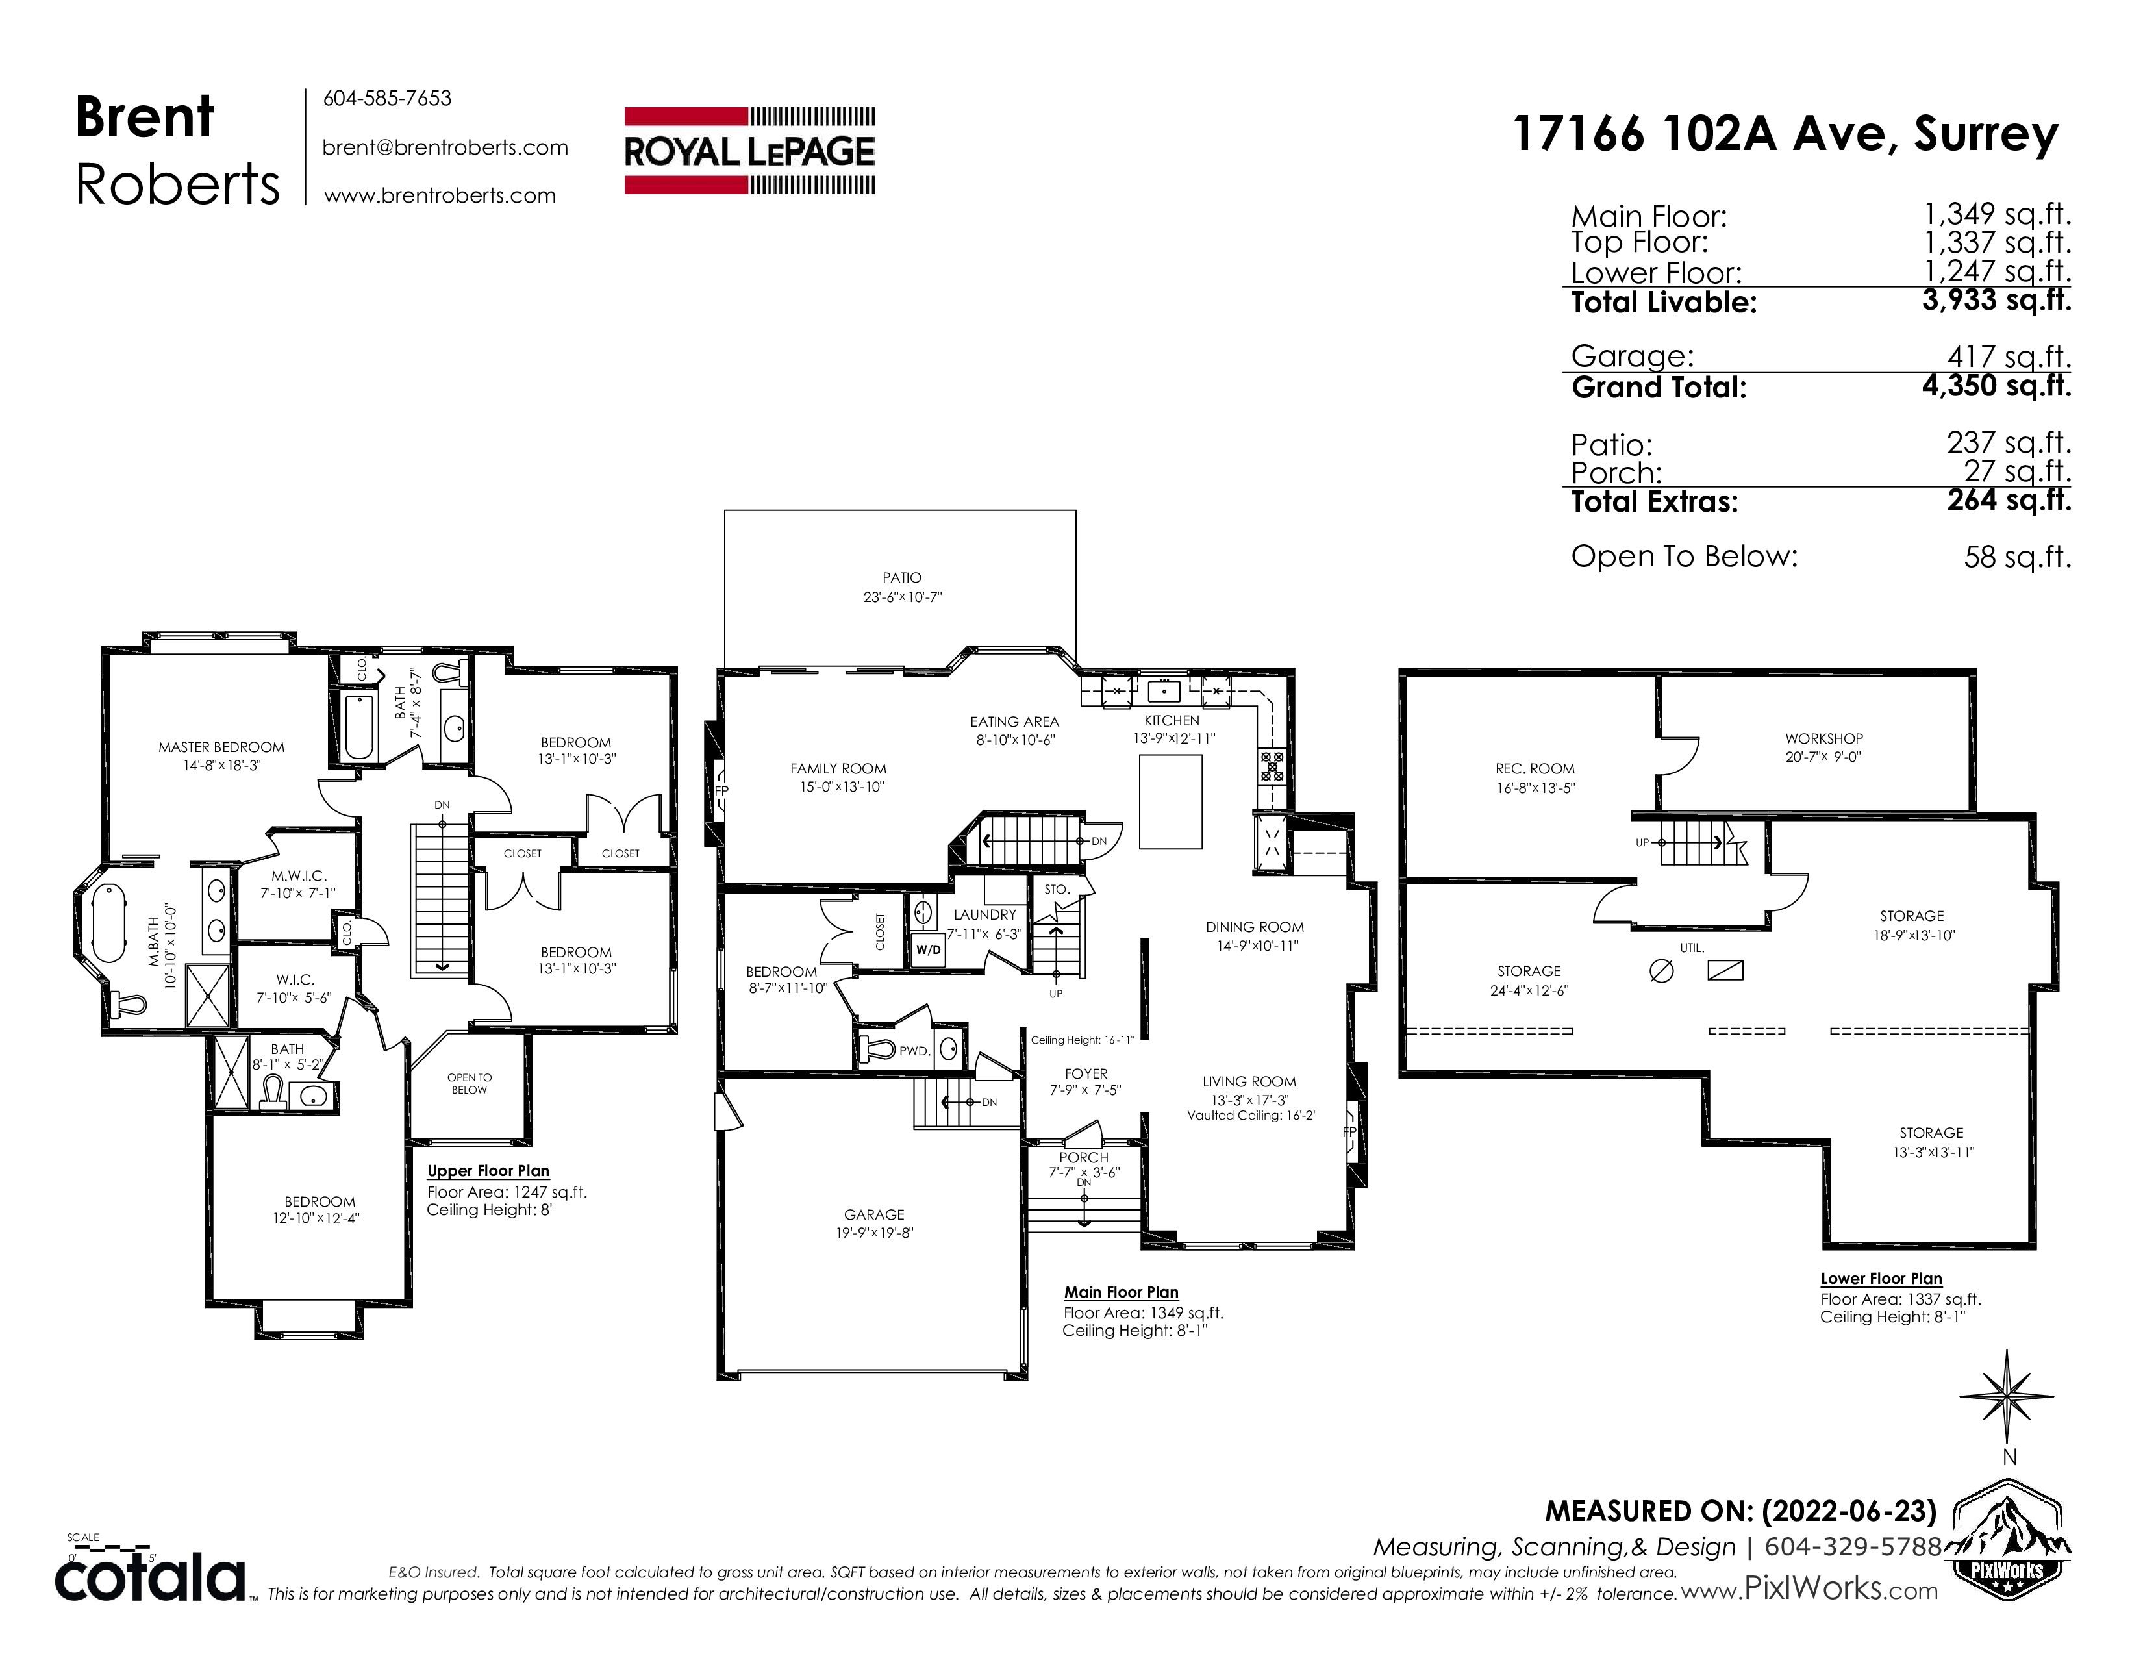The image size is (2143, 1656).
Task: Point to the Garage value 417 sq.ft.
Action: [2010, 357]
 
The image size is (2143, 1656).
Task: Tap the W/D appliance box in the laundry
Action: [927, 949]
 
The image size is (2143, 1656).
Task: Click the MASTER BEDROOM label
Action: [221, 747]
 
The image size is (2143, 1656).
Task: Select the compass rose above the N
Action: [2007, 1399]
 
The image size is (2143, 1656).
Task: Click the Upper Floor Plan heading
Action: [488, 1172]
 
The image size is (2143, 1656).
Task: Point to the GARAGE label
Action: [874, 1214]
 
